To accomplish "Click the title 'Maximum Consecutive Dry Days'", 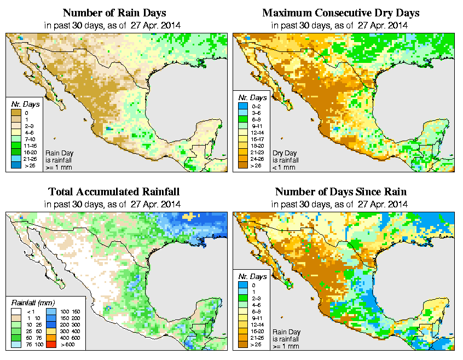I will [x=340, y=13].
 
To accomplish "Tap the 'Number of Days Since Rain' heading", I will [x=340, y=192].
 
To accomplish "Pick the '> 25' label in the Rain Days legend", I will [x=30, y=165].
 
